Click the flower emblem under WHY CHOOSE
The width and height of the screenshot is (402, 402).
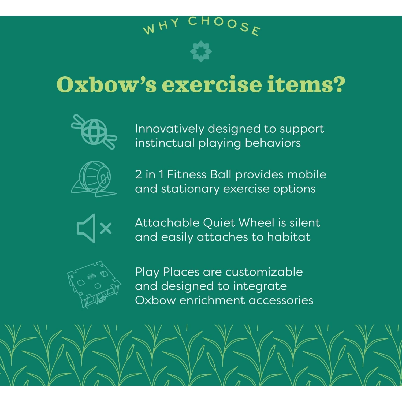point(201,51)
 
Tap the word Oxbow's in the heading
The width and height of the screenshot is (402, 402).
point(106,84)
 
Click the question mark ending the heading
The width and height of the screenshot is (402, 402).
point(336,84)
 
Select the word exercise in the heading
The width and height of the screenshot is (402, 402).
point(212,84)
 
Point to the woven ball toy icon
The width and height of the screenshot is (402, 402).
point(94,132)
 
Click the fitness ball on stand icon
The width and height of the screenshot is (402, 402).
point(94,179)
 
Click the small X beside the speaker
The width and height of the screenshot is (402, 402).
point(106,228)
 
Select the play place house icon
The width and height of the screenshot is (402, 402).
point(94,284)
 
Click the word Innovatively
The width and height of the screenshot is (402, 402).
point(169,129)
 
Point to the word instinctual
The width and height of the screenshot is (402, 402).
point(165,143)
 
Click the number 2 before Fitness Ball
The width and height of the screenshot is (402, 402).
point(138,175)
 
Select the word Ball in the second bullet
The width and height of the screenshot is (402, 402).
point(221,175)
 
